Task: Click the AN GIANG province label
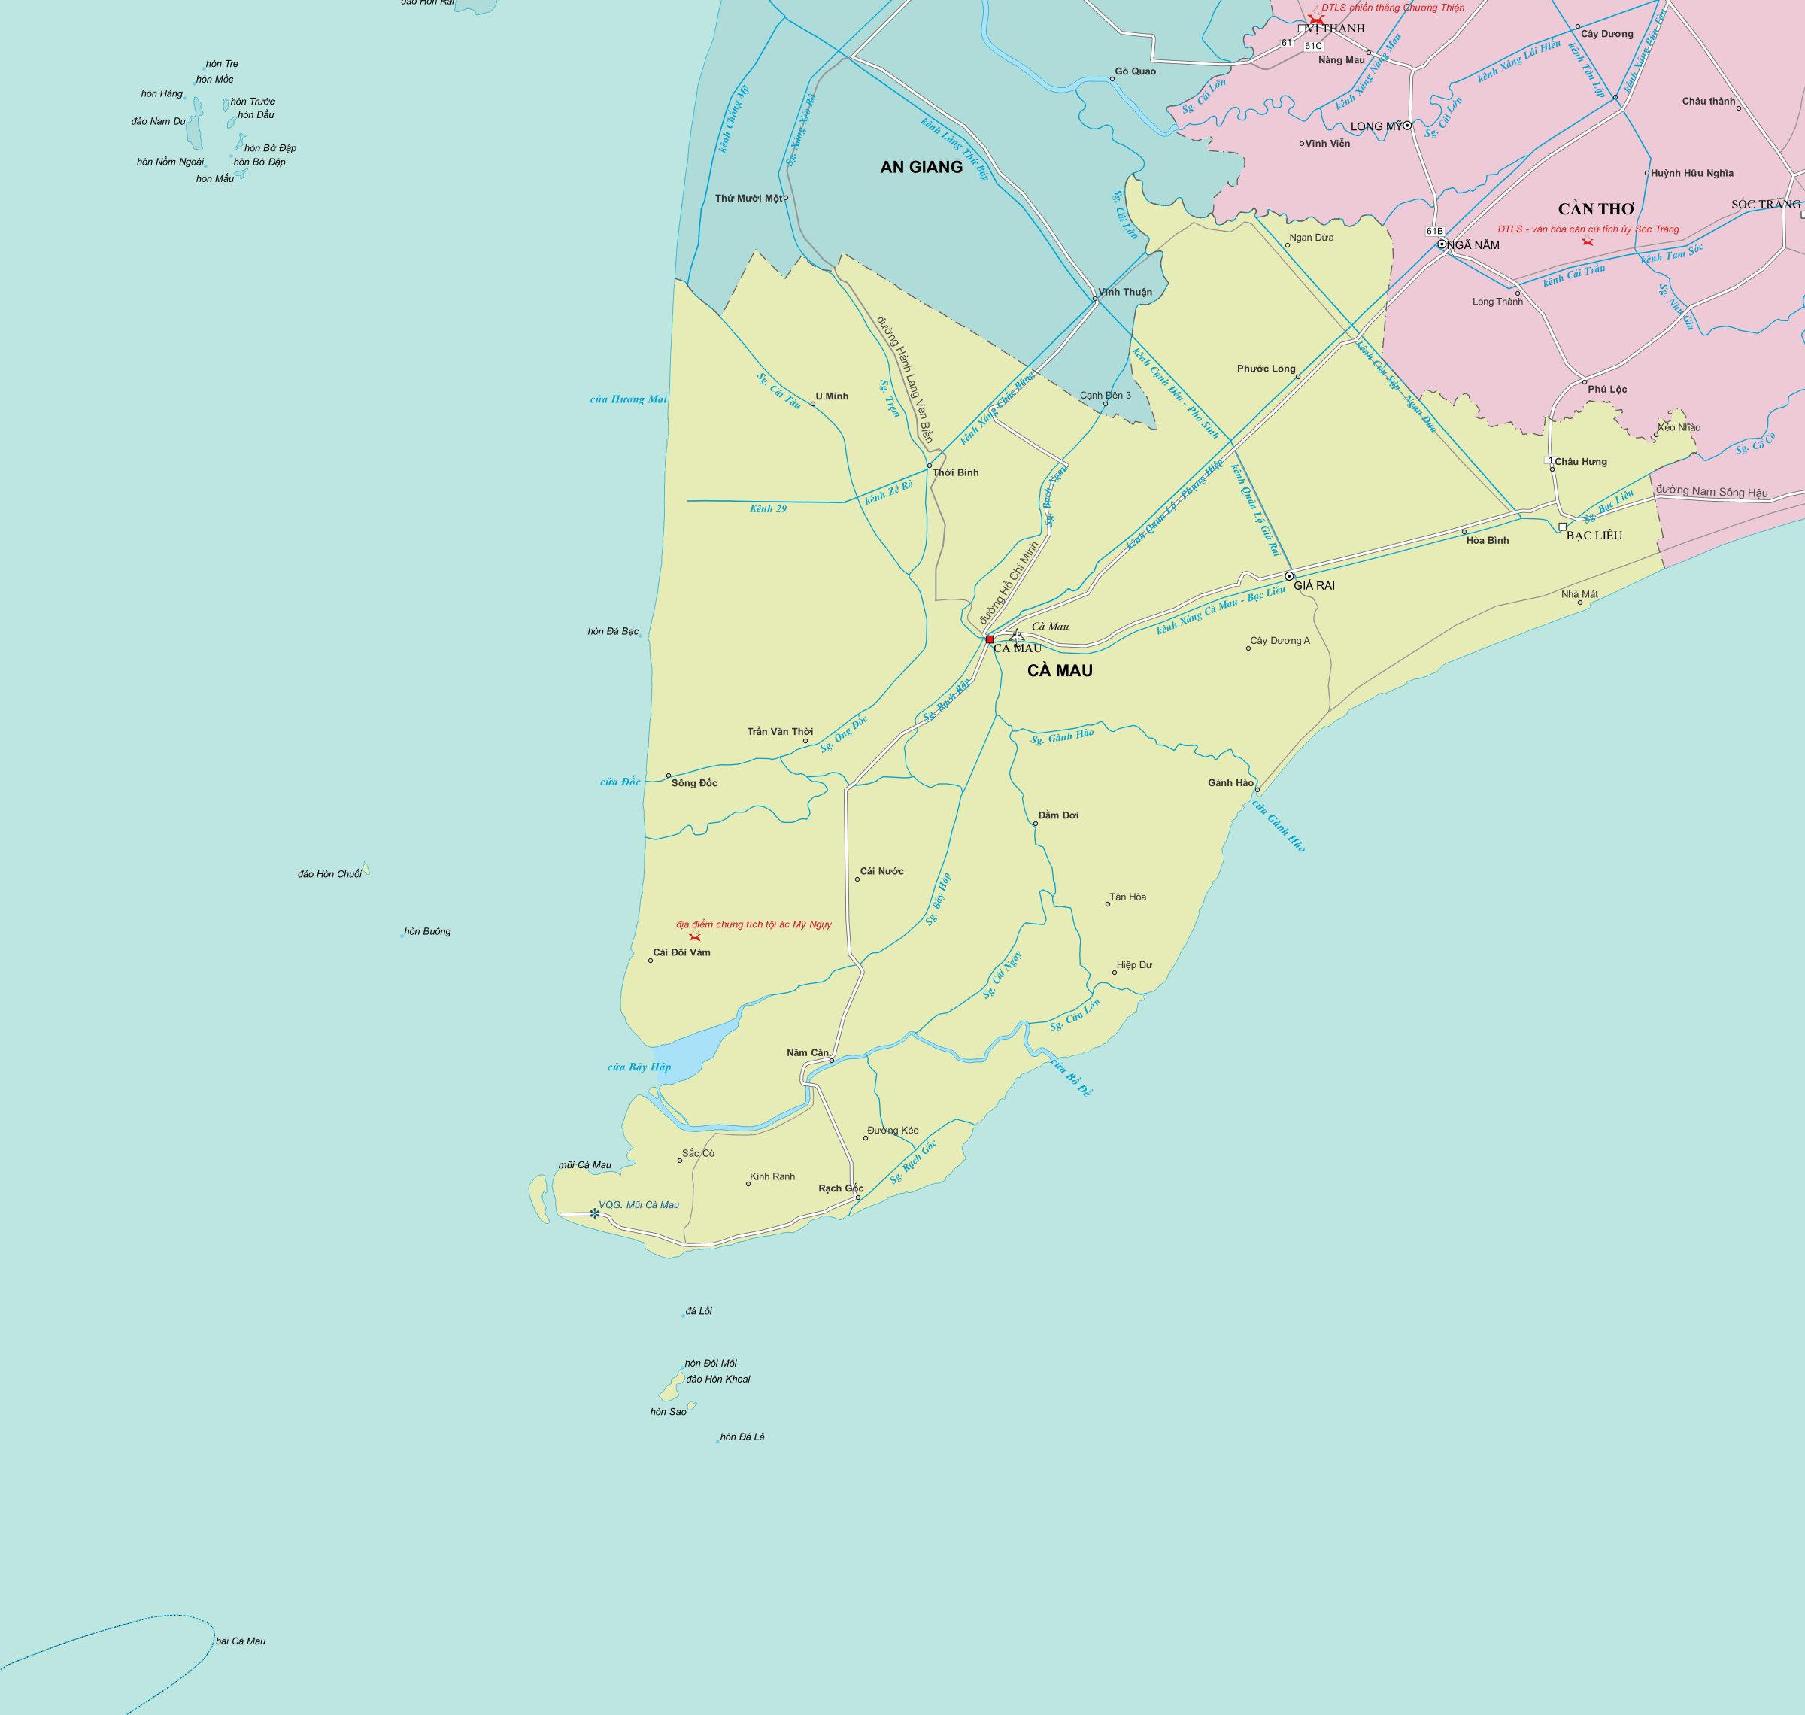pyautogui.click(x=921, y=167)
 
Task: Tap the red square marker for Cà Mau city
pyautogui.click(x=990, y=639)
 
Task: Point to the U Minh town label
pyautogui.click(x=832, y=396)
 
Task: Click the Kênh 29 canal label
pyautogui.click(x=768, y=509)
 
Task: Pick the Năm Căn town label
pyautogui.click(x=807, y=1053)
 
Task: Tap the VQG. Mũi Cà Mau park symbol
pyautogui.click(x=595, y=1213)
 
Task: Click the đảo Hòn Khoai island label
pyautogui.click(x=717, y=1380)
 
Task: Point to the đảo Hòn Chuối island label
pyautogui.click(x=329, y=875)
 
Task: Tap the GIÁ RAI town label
pyautogui.click(x=1314, y=586)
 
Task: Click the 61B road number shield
pyautogui.click(x=1435, y=231)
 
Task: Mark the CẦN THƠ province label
pyautogui.click(x=1596, y=209)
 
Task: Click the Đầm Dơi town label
pyautogui.click(x=1058, y=815)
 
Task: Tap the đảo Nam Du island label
pyautogui.click(x=158, y=122)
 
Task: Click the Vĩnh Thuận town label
pyautogui.click(x=1125, y=293)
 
